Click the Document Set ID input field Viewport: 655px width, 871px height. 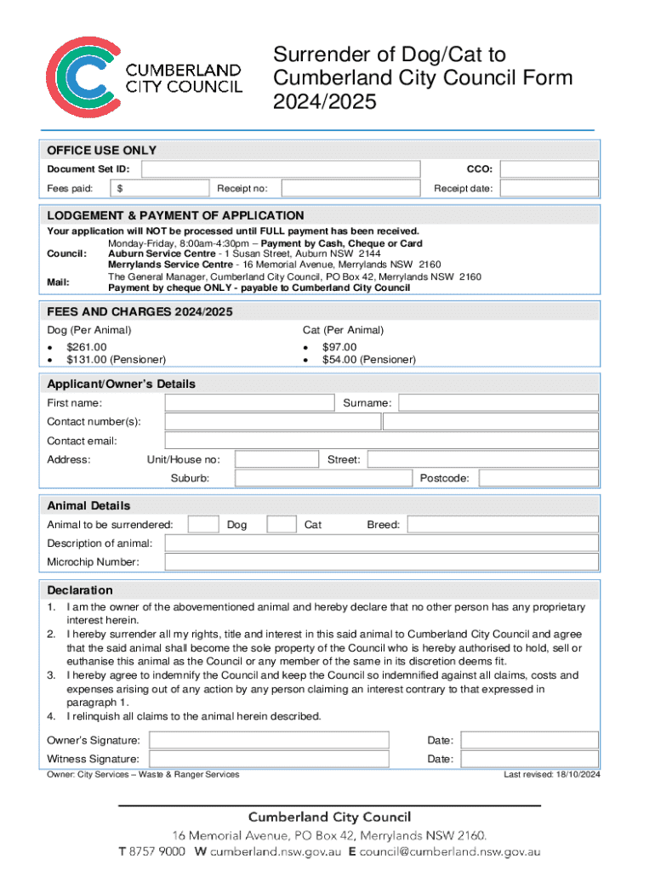[x=280, y=168]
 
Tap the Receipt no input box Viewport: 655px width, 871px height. [x=350, y=188]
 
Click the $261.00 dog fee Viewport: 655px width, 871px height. [x=87, y=347]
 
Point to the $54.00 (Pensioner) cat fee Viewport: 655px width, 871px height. [x=368, y=360]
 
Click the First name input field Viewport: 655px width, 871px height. [x=250, y=402]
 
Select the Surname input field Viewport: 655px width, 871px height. [x=499, y=402]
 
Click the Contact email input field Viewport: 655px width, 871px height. [x=382, y=441]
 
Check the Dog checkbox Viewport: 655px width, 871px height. [x=202, y=525]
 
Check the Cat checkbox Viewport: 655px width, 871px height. [x=282, y=525]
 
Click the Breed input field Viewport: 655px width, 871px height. [x=504, y=525]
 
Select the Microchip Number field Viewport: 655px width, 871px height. [x=382, y=562]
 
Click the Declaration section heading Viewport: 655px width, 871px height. [x=80, y=590]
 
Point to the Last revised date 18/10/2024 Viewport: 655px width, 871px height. [x=552, y=774]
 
